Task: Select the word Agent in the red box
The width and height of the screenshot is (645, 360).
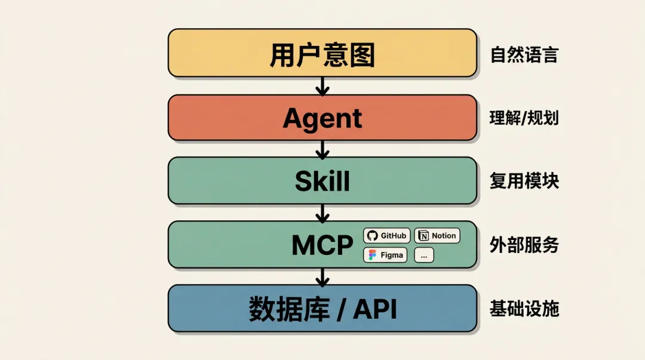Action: (x=322, y=118)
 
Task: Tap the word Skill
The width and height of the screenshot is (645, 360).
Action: (x=322, y=180)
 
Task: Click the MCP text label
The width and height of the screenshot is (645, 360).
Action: (x=322, y=245)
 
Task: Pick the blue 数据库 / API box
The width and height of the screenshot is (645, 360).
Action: (x=322, y=309)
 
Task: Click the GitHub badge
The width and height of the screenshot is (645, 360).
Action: (x=387, y=236)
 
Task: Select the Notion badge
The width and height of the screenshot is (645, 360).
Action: (x=437, y=236)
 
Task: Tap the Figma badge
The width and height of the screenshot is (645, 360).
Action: (x=385, y=255)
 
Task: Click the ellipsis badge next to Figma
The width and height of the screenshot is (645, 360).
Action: (x=424, y=255)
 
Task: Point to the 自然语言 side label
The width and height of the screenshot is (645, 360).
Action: (x=524, y=56)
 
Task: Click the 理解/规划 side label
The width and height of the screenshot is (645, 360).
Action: (x=524, y=118)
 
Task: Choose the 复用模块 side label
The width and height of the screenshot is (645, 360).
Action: (x=524, y=180)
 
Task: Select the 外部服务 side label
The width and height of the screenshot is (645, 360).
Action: (x=524, y=245)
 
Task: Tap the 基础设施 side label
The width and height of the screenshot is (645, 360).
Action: (x=524, y=309)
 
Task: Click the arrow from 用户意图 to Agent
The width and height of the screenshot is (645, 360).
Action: (x=322, y=87)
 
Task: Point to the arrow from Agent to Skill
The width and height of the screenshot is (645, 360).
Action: (x=322, y=149)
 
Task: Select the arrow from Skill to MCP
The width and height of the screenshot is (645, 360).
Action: (x=322, y=213)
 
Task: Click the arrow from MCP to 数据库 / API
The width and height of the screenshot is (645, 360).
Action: (x=322, y=276)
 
